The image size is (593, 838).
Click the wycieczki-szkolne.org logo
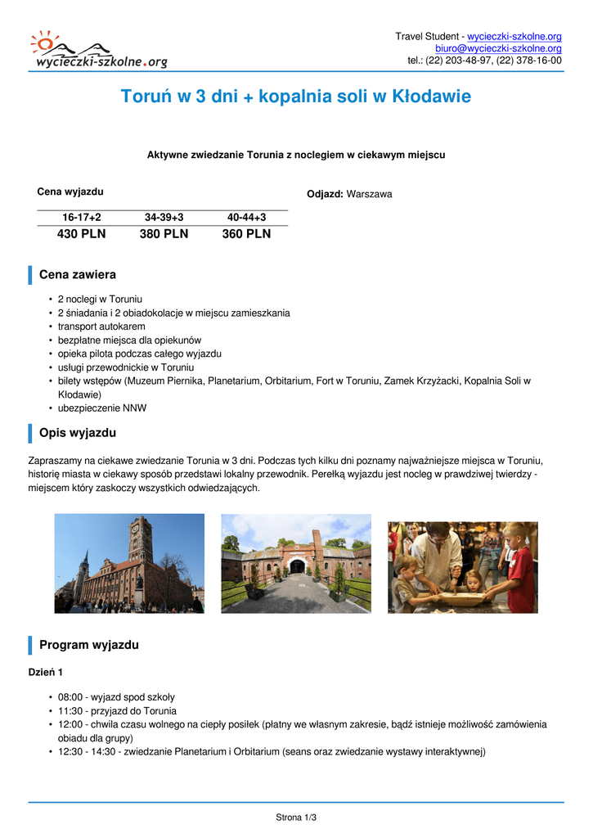click(x=98, y=51)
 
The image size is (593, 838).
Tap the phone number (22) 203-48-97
click(x=455, y=61)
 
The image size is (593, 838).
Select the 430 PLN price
click(x=81, y=234)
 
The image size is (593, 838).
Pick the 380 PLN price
click(x=164, y=234)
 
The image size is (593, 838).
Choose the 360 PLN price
click(x=246, y=234)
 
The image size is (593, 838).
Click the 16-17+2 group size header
click(x=81, y=217)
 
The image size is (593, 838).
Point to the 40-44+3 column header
click(x=246, y=217)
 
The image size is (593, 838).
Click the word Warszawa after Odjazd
click(x=369, y=195)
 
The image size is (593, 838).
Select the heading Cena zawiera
click(x=78, y=275)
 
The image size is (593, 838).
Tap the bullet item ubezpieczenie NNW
click(x=102, y=408)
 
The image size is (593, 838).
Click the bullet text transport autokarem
click(x=101, y=327)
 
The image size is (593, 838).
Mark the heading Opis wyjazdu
click(x=78, y=433)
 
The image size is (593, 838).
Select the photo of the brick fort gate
click(x=296, y=564)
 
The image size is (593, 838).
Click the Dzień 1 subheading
click(x=46, y=672)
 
